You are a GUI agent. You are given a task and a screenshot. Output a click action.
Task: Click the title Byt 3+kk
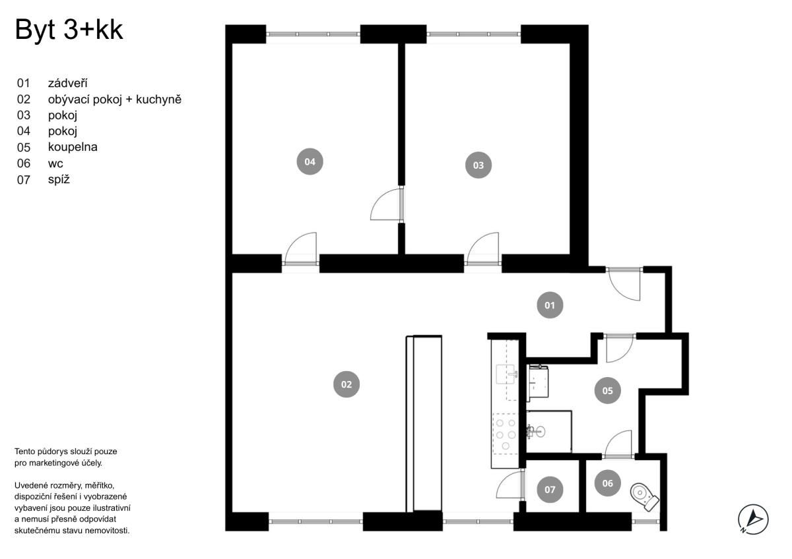click(69, 30)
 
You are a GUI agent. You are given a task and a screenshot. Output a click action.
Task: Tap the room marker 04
click(310, 162)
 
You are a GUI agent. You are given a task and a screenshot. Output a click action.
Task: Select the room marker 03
click(478, 165)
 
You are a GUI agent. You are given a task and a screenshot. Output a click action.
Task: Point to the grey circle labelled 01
click(550, 305)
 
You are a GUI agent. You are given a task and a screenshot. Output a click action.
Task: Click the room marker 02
click(346, 384)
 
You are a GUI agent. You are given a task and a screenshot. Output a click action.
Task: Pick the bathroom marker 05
click(607, 390)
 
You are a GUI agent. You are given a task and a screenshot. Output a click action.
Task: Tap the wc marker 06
click(607, 483)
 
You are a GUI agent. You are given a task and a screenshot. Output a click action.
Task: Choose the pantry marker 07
click(550, 489)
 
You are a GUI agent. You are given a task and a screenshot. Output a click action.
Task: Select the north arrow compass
click(753, 519)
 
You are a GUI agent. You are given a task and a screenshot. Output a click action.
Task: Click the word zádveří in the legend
click(67, 83)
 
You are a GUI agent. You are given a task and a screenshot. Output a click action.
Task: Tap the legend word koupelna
click(73, 147)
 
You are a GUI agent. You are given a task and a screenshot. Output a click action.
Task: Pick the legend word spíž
click(59, 179)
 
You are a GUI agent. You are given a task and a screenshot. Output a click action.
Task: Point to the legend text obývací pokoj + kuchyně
click(115, 100)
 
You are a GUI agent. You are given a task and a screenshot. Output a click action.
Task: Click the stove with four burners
click(506, 434)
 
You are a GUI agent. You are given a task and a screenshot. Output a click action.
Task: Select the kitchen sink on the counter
click(506, 374)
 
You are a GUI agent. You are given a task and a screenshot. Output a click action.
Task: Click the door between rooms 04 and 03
click(387, 204)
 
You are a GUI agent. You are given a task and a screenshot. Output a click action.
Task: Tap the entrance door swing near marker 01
click(624, 284)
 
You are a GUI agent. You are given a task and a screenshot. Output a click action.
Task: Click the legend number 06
click(23, 163)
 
